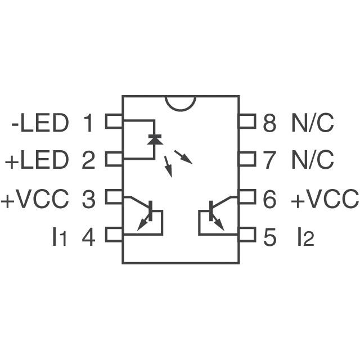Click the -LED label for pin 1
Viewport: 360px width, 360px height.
(39, 123)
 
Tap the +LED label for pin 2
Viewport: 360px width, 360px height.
(37, 161)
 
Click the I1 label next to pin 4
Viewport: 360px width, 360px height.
(58, 237)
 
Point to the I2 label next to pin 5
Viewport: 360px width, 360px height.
(305, 237)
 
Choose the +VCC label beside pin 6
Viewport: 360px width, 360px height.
(325, 199)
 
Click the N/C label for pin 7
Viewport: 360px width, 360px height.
(313, 161)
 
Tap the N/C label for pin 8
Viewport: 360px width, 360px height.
(313, 123)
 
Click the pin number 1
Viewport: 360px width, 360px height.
(88, 123)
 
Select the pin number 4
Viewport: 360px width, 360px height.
(88, 237)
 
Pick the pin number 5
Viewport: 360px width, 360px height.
(270, 237)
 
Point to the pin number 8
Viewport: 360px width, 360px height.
(270, 123)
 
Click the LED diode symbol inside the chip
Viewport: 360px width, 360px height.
(152, 138)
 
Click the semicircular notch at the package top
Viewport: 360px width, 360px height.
(181, 101)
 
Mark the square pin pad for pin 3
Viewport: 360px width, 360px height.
(114, 196)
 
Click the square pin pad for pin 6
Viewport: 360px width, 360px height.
(247, 196)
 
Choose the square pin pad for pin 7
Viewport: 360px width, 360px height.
(247, 159)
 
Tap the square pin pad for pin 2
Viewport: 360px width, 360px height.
(114, 159)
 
